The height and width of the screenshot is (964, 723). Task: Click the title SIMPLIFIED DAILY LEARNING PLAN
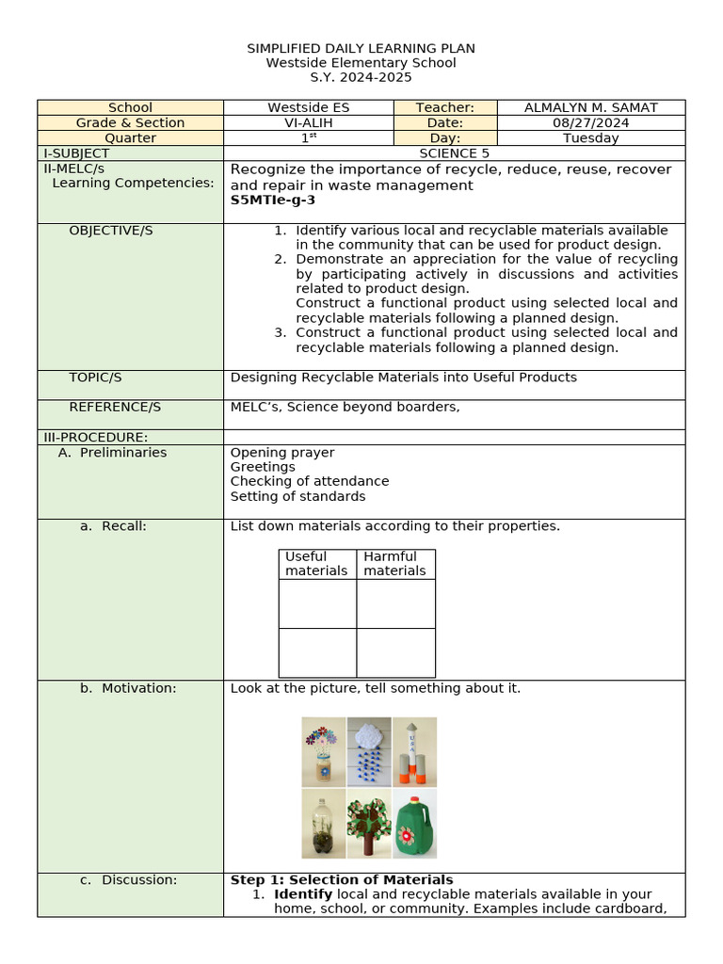click(361, 48)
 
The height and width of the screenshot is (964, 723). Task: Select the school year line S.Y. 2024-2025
click(361, 77)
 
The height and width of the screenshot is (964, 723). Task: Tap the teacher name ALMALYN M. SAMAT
click(590, 107)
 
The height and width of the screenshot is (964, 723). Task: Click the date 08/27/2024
click(590, 122)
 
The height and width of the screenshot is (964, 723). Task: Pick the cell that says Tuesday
click(590, 137)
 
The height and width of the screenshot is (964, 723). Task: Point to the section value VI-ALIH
click(308, 122)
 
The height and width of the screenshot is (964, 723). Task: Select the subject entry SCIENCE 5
click(454, 153)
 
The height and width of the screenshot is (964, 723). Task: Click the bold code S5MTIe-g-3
click(272, 200)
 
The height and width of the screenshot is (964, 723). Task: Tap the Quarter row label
click(130, 137)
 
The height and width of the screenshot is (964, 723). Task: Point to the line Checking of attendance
click(309, 481)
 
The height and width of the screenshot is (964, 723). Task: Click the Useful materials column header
click(316, 563)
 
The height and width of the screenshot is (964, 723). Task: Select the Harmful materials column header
click(394, 563)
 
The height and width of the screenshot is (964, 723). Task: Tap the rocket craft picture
click(414, 751)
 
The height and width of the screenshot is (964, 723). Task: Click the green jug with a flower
click(414, 823)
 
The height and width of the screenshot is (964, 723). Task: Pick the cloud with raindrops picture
click(369, 751)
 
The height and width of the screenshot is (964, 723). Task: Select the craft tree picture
click(369, 823)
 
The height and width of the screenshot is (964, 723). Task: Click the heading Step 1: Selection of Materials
click(342, 879)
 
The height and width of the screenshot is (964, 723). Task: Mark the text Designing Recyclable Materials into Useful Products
click(403, 378)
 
